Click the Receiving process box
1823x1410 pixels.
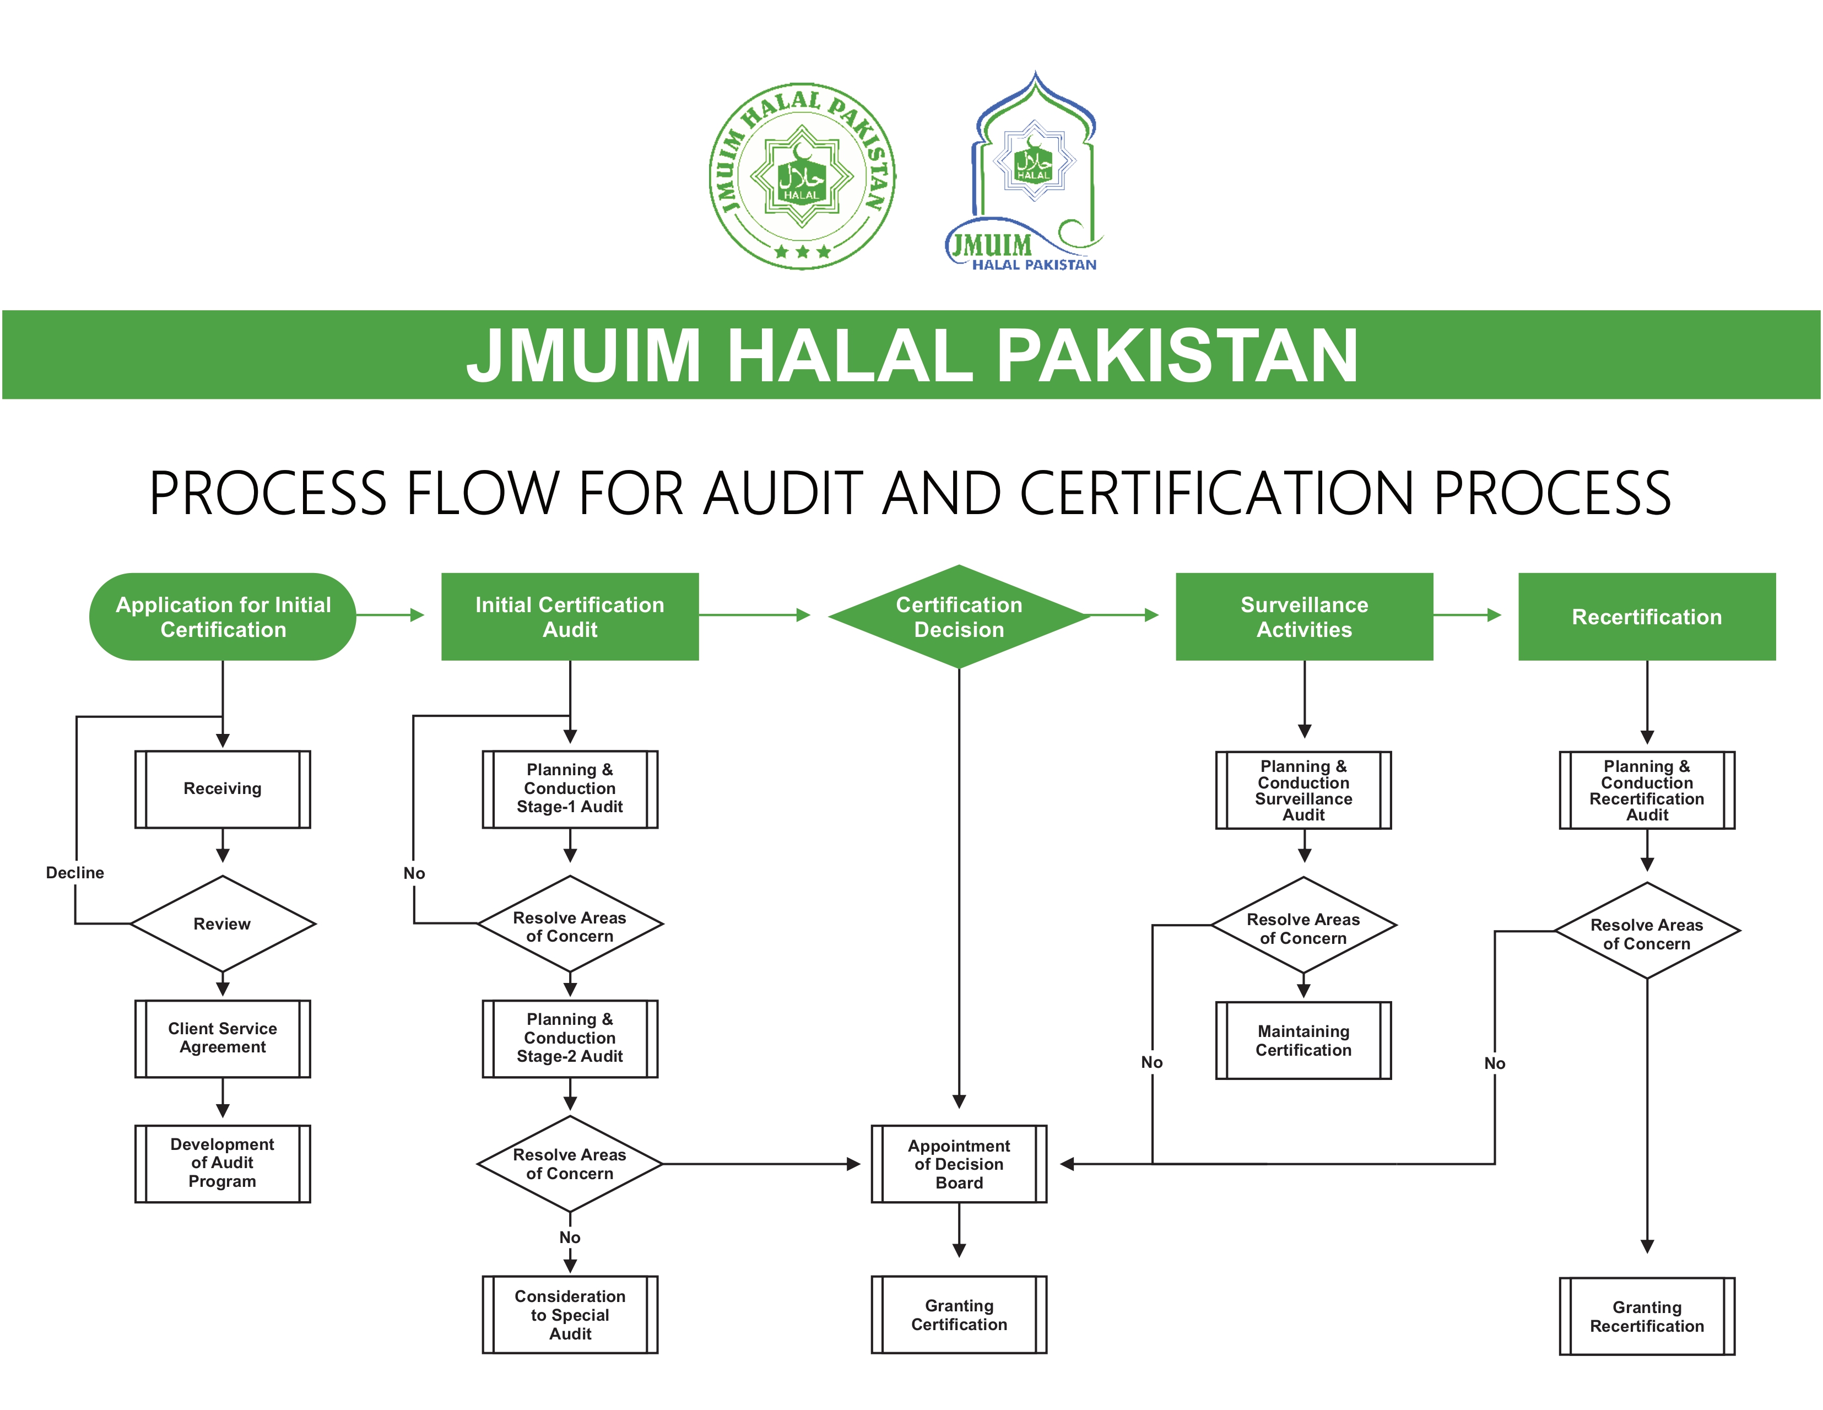pyautogui.click(x=222, y=789)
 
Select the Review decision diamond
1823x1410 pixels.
pyautogui.click(x=222, y=923)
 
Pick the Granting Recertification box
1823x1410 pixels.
pyautogui.click(x=1646, y=1316)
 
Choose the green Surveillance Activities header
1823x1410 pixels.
pyautogui.click(x=1304, y=617)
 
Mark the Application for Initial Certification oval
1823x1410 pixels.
pyautogui.click(x=223, y=617)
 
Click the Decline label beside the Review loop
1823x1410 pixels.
pyautogui.click(x=75, y=872)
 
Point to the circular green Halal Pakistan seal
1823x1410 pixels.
pyautogui.click(x=802, y=176)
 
